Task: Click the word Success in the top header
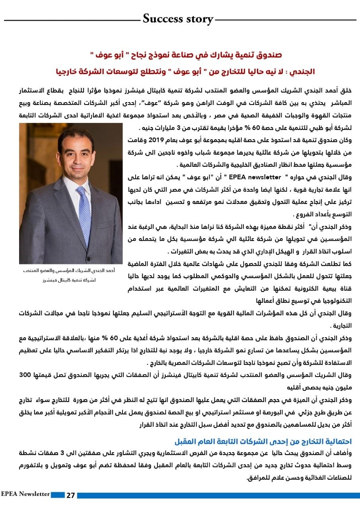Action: pos(162,18)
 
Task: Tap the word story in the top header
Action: pos(197,19)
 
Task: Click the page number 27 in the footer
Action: pos(70,495)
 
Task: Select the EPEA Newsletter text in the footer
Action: pos(25,494)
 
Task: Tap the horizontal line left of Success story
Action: pos(72,20)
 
